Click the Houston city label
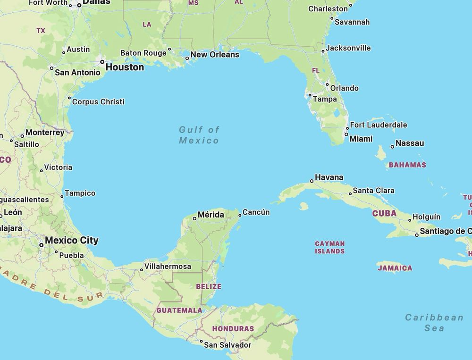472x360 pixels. pyautogui.click(x=125, y=67)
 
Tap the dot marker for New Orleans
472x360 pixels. pyautogui.click(x=187, y=59)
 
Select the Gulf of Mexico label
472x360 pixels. pyautogui.click(x=199, y=135)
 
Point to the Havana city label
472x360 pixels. pyautogui.click(x=329, y=177)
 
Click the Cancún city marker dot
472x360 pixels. pyautogui.click(x=240, y=215)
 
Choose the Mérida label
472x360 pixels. pyautogui.click(x=211, y=215)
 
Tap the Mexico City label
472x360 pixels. pyautogui.click(x=72, y=240)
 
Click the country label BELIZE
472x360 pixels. pyautogui.click(x=209, y=286)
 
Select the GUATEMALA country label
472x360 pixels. pyautogui.click(x=179, y=310)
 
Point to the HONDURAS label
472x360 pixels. pyautogui.click(x=233, y=328)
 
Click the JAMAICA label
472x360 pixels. pyautogui.click(x=395, y=268)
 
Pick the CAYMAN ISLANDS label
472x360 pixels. pyautogui.click(x=330, y=247)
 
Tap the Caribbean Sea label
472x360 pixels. pyautogui.click(x=434, y=323)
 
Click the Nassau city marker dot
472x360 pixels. pyautogui.click(x=392, y=147)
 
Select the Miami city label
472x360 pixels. pyautogui.click(x=361, y=139)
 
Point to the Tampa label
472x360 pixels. pyautogui.click(x=325, y=99)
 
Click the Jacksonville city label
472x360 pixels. pyautogui.click(x=348, y=48)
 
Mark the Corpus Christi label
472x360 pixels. pyautogui.click(x=98, y=101)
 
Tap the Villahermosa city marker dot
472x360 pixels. pyautogui.click(x=141, y=270)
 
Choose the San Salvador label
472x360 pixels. pyautogui.click(x=228, y=345)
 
